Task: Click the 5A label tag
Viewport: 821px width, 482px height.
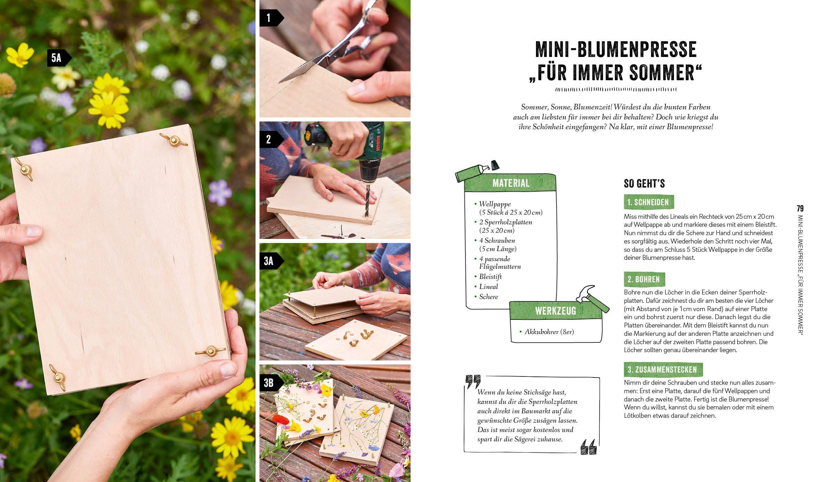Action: click(x=57, y=58)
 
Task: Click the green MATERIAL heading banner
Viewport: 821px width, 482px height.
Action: click(x=511, y=183)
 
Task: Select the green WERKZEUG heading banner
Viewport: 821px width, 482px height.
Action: click(x=555, y=310)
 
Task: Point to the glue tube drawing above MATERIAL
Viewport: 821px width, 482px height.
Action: click(x=476, y=172)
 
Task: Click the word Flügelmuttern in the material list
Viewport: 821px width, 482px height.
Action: click(x=500, y=267)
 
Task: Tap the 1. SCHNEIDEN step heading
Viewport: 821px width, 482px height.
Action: click(x=649, y=202)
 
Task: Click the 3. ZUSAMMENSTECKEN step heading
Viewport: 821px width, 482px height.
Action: click(x=663, y=369)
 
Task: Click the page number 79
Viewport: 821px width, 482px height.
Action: click(x=800, y=209)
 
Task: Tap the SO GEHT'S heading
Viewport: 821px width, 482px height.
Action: click(x=644, y=183)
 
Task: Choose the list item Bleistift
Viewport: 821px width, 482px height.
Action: click(x=490, y=276)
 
